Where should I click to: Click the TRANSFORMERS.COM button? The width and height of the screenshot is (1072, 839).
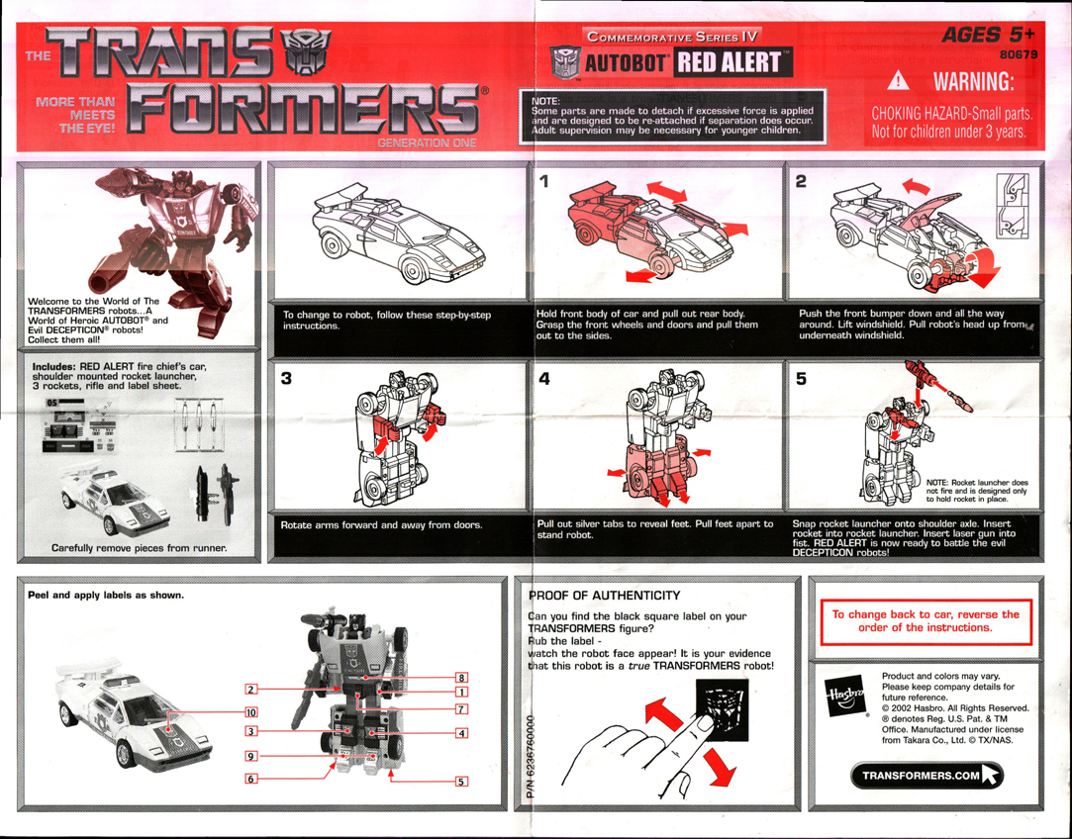click(x=926, y=776)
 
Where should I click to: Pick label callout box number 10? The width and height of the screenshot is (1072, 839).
click(x=251, y=711)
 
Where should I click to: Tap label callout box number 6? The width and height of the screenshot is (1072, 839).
click(x=251, y=780)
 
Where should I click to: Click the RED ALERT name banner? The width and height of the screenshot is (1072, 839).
click(x=733, y=64)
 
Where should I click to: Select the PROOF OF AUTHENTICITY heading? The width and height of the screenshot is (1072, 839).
click(x=605, y=595)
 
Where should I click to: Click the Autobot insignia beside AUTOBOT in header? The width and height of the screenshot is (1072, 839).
click(x=562, y=63)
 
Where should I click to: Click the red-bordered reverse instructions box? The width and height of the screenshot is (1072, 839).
click(x=926, y=621)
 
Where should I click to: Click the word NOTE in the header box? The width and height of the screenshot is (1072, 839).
click(x=547, y=100)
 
